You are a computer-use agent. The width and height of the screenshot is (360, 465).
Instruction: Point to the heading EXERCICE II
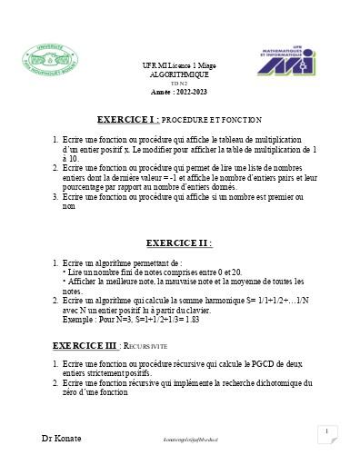pos(179,243)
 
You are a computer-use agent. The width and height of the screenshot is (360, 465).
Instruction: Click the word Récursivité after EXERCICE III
pos(146,347)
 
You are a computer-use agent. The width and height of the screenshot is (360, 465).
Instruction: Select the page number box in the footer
pos(325,433)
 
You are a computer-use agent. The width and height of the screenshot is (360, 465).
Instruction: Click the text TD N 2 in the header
pos(179,83)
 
